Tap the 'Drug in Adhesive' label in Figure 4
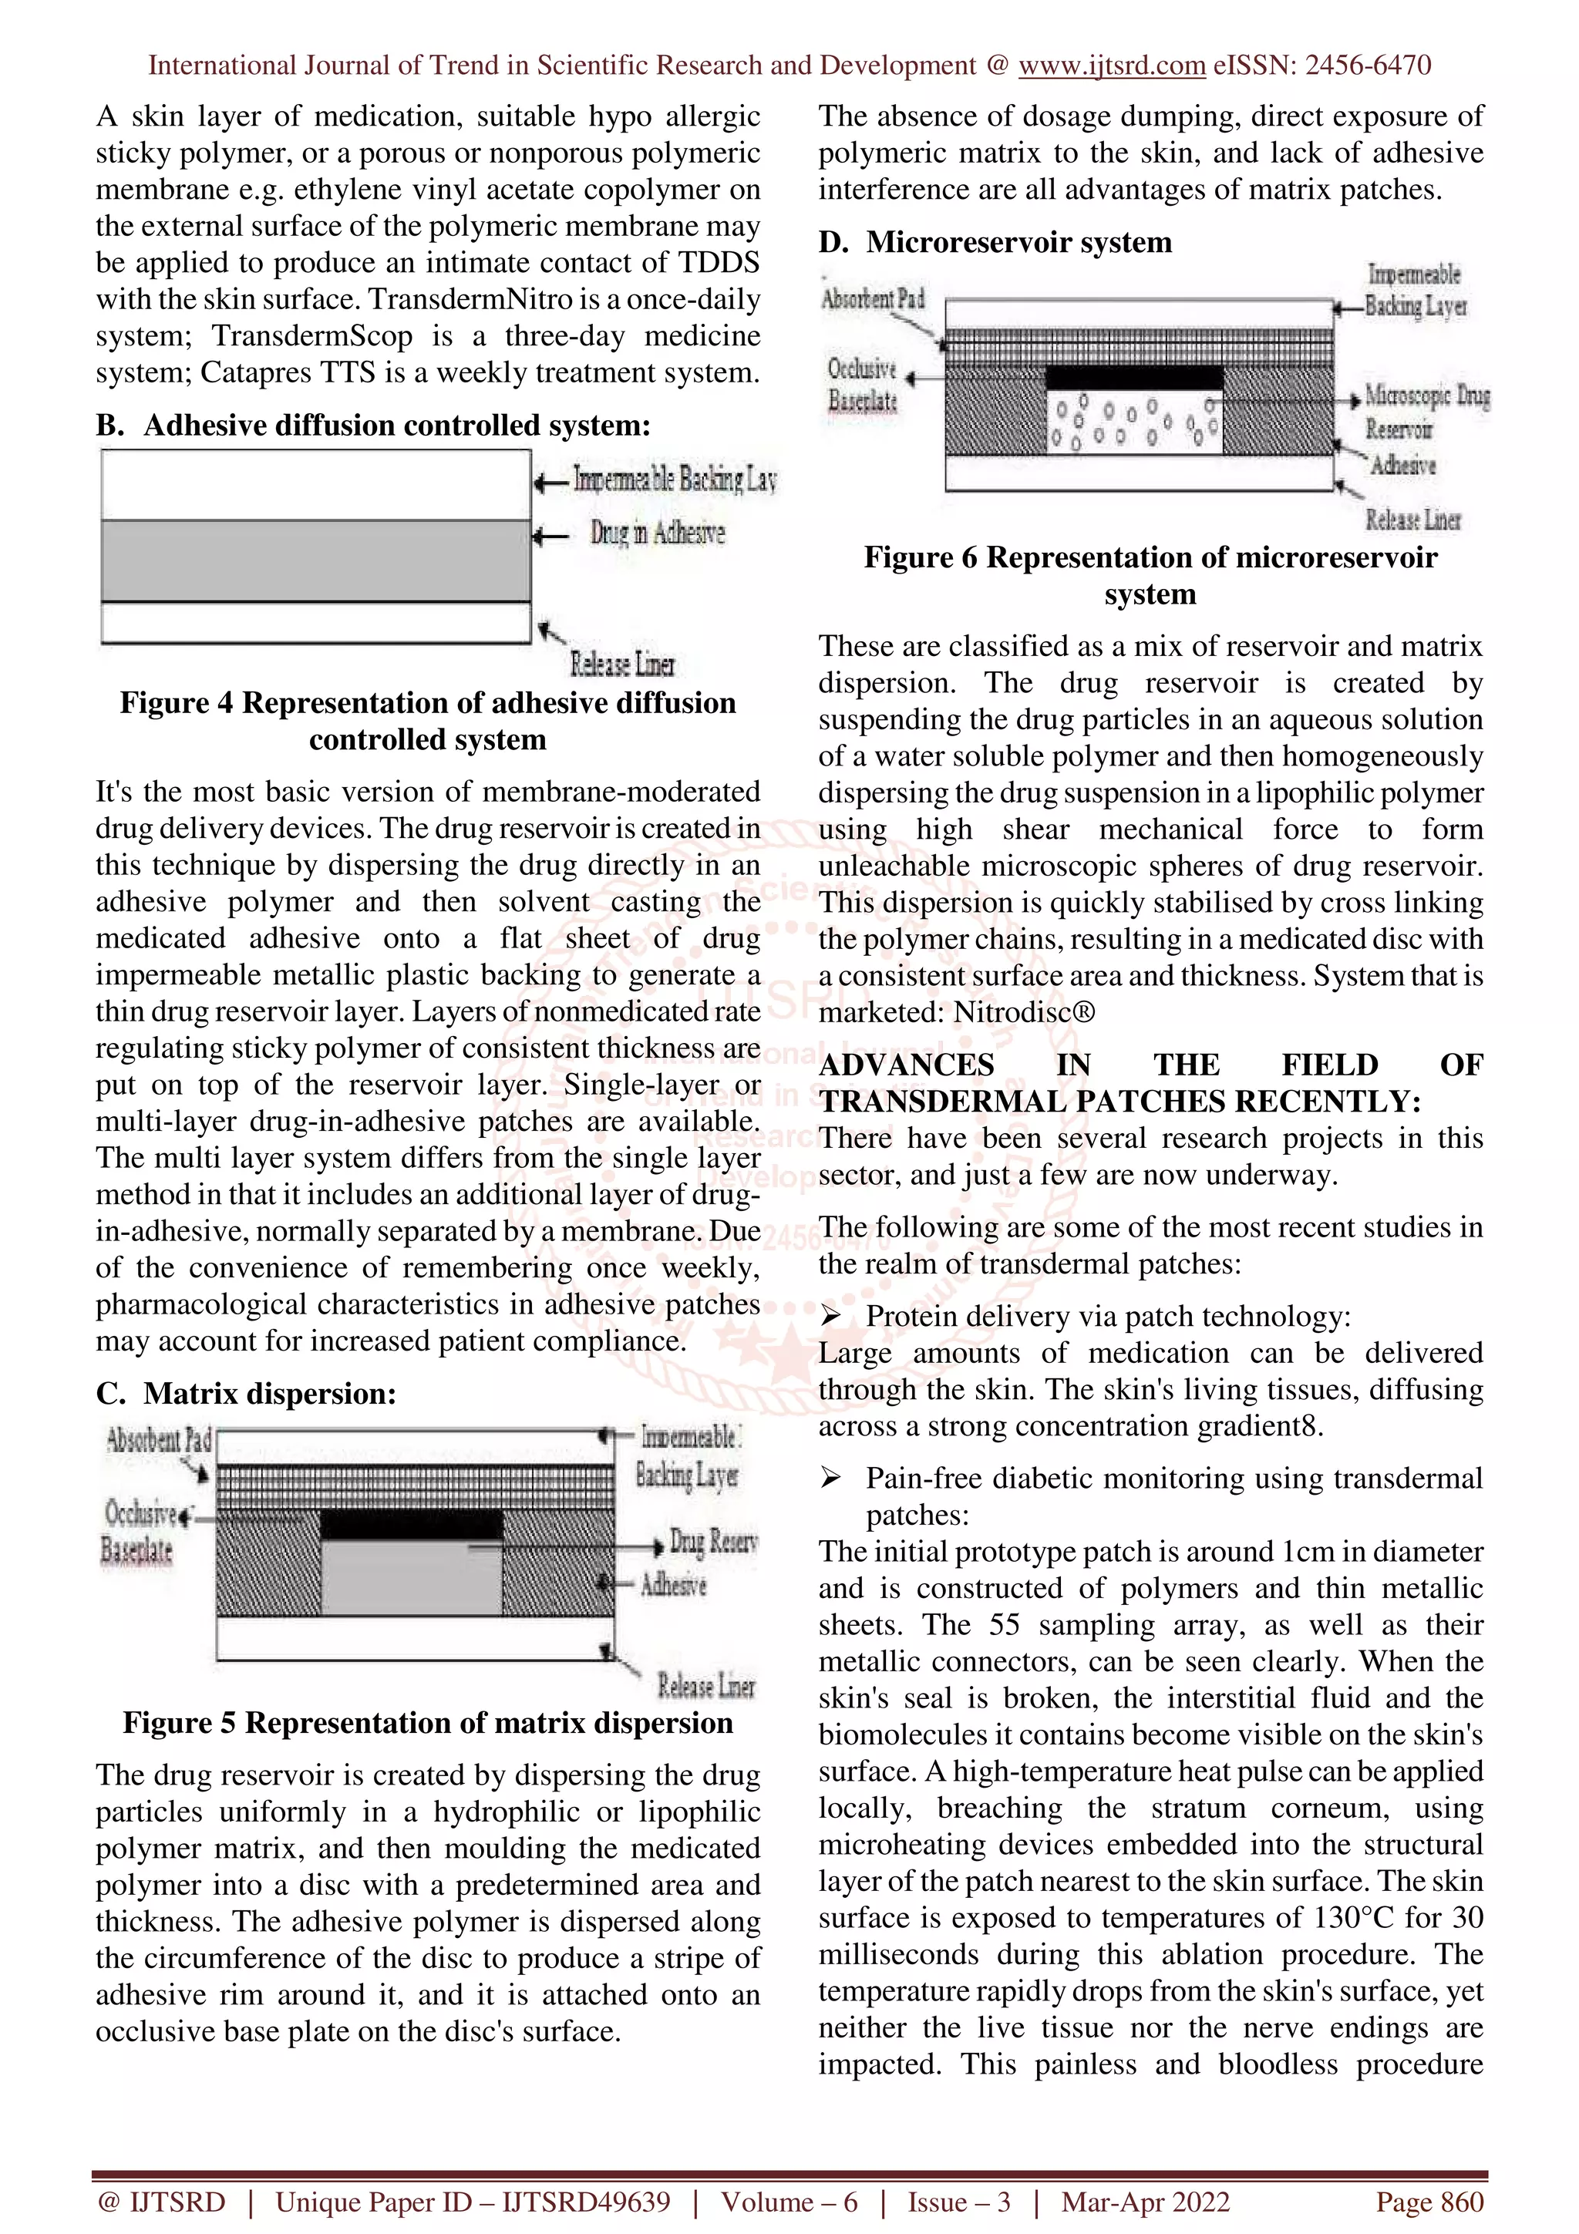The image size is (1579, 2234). (x=657, y=533)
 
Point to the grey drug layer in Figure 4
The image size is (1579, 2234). (x=316, y=560)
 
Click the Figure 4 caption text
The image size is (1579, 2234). (x=428, y=721)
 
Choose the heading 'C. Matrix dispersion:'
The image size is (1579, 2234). (x=246, y=1393)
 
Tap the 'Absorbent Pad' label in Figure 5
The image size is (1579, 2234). (x=159, y=1440)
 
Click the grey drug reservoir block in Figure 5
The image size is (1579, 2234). (x=411, y=1577)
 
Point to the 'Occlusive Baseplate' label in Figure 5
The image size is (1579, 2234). (x=139, y=1530)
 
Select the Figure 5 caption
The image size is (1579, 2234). (x=428, y=1722)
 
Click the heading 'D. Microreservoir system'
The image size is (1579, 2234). (x=995, y=241)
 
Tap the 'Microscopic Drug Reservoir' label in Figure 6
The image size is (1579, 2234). (x=1426, y=412)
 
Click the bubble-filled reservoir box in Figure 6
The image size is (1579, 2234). (x=1133, y=422)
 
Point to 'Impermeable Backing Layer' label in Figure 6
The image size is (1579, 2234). (x=1415, y=290)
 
